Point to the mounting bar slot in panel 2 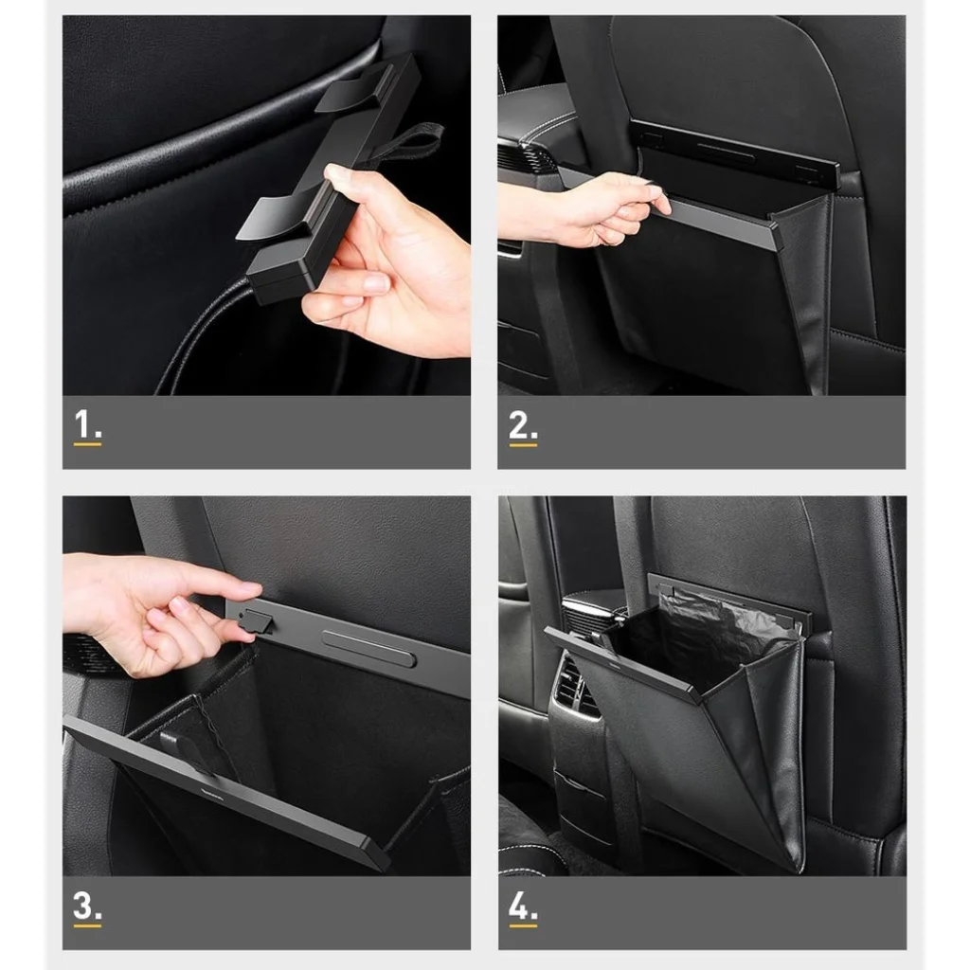[x=725, y=153]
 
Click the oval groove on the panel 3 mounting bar [x=368, y=648]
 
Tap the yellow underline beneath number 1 [x=87, y=443]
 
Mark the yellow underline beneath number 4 [x=523, y=925]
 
